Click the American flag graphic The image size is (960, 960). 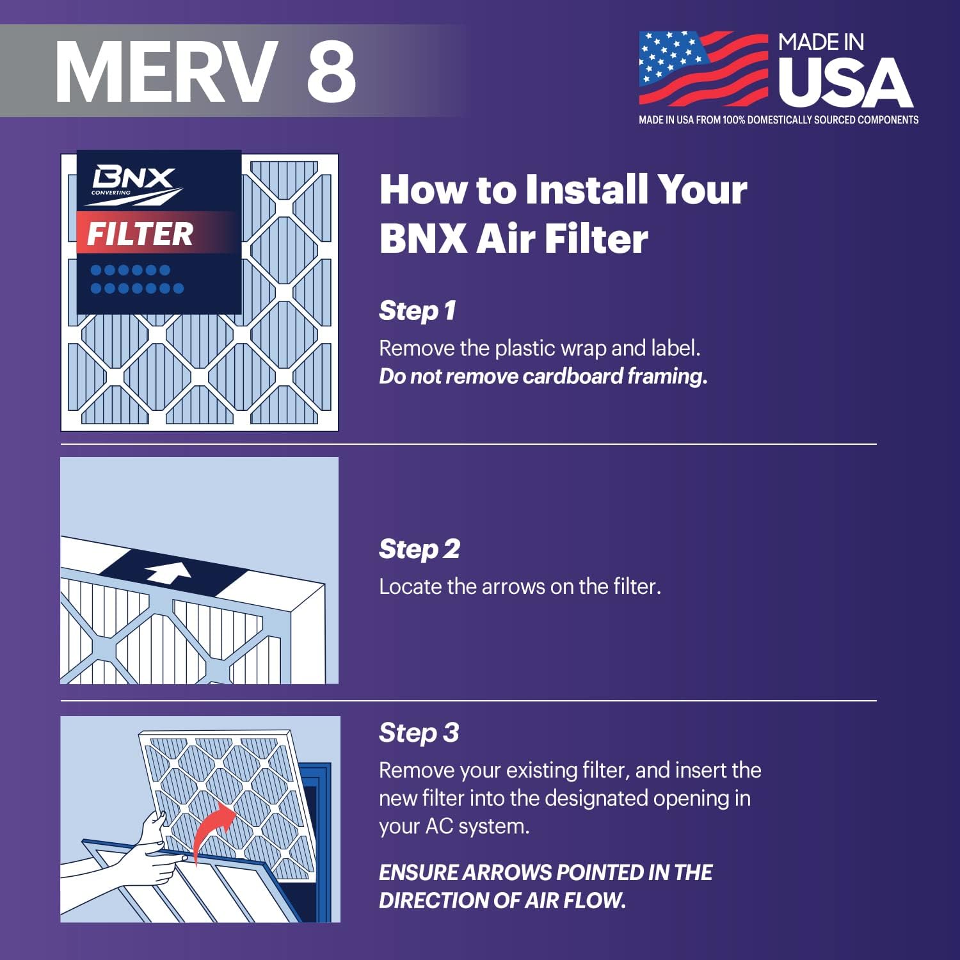pyautogui.click(x=703, y=68)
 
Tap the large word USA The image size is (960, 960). pyautogui.click(x=845, y=83)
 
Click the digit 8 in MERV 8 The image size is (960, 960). pyautogui.click(x=331, y=70)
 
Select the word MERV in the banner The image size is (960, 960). pyautogui.click(x=166, y=70)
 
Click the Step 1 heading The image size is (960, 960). pyautogui.click(x=417, y=311)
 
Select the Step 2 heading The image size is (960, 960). pyautogui.click(x=419, y=549)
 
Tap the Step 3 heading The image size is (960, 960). pyautogui.click(x=419, y=733)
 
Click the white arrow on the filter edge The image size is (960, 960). pyautogui.click(x=168, y=572)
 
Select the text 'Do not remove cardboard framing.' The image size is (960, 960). pyautogui.click(x=543, y=376)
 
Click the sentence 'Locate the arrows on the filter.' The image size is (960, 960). pyautogui.click(x=520, y=586)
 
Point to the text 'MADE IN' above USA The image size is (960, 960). pyautogui.click(x=821, y=42)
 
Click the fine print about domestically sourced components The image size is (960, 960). pyautogui.click(x=778, y=120)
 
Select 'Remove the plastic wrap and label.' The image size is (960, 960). pyautogui.click(x=540, y=348)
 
